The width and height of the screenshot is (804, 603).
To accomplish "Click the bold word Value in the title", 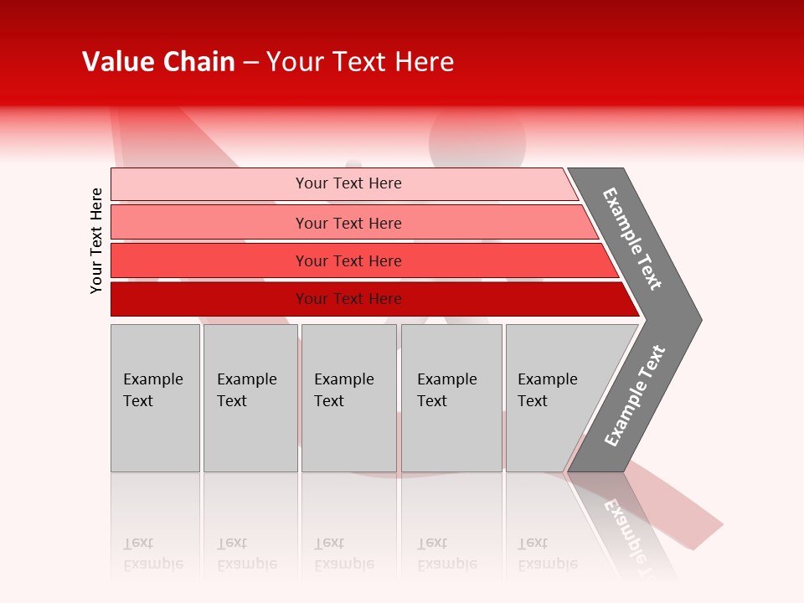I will pyautogui.click(x=117, y=62).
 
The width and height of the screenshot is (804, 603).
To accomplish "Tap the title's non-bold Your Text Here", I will pyautogui.click(x=359, y=62).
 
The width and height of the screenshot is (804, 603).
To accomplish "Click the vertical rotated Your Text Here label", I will pyautogui.click(x=96, y=240).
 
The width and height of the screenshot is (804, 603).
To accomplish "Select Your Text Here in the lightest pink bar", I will pyautogui.click(x=348, y=183).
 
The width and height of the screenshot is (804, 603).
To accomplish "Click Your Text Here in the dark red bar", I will pyautogui.click(x=348, y=299).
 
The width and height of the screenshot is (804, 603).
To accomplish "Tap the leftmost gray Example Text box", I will pyautogui.click(x=155, y=398).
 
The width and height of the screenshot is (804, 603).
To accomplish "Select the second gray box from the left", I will pyautogui.click(x=250, y=398).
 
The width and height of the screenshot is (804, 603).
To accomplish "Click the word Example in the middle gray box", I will pyautogui.click(x=343, y=379).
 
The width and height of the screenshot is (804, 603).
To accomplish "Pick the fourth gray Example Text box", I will pyautogui.click(x=451, y=398).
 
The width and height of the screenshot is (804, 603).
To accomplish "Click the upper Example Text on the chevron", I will pyautogui.click(x=632, y=239).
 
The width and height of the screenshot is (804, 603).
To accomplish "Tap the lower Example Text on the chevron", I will pyautogui.click(x=635, y=395).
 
